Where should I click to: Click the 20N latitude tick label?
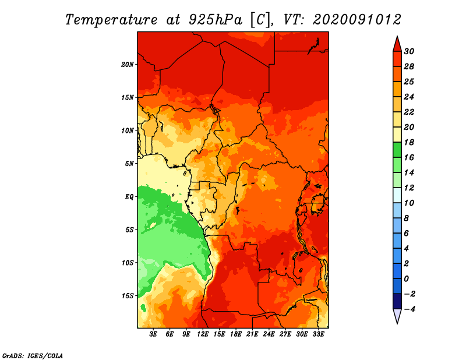pos(128,65)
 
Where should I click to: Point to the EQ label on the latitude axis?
pos(129,197)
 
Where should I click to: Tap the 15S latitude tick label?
pos(128,296)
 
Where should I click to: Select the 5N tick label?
pos(129,164)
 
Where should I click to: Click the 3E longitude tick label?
pos(153,334)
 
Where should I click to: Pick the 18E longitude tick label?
pos(236,334)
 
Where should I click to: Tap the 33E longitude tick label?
pos(318,334)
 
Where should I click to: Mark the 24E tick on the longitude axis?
pos(269,334)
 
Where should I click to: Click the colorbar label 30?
pos(409,51)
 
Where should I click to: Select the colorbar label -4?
pos(409,309)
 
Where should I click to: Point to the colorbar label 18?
pos(409,142)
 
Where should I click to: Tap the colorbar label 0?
pos(406,279)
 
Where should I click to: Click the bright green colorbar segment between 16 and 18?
pos(397,150)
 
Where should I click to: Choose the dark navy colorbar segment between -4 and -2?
pos(397,301)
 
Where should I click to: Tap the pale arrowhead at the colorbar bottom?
pos(397,316)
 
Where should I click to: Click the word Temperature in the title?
pos(111,20)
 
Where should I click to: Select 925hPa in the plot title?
pos(216,20)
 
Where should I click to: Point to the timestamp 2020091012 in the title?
pos(357,20)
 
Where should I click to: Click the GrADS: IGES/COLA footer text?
pos(33,356)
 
